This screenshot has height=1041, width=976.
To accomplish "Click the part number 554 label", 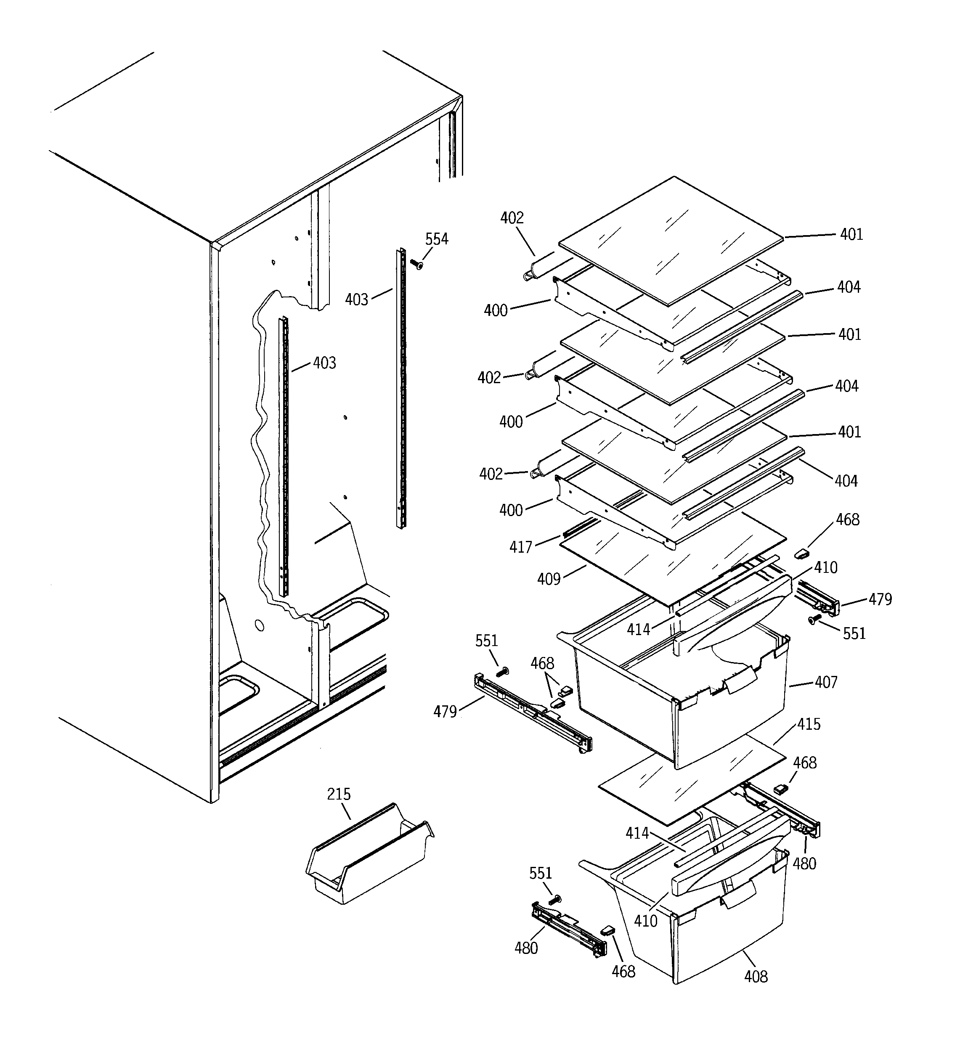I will click(x=436, y=239).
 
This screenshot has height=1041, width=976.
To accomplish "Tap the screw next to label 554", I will click(x=417, y=265).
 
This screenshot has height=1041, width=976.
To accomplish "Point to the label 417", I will click(x=520, y=547).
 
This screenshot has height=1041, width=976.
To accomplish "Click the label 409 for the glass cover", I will click(x=549, y=579).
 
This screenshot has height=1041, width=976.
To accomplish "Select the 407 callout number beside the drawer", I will click(x=826, y=682).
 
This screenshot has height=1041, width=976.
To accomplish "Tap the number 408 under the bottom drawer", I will click(x=756, y=977).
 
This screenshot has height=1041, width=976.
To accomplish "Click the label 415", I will click(x=809, y=725).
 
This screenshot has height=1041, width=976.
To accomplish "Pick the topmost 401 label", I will click(x=851, y=235).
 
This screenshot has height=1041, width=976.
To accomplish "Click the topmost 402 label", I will click(x=512, y=218).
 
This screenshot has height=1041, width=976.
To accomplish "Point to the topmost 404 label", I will click(x=848, y=287).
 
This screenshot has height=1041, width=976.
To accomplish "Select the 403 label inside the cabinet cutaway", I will click(x=324, y=363).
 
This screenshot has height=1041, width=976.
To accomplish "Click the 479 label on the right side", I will click(x=880, y=599).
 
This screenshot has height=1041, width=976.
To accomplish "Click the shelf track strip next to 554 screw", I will click(x=401, y=387).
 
